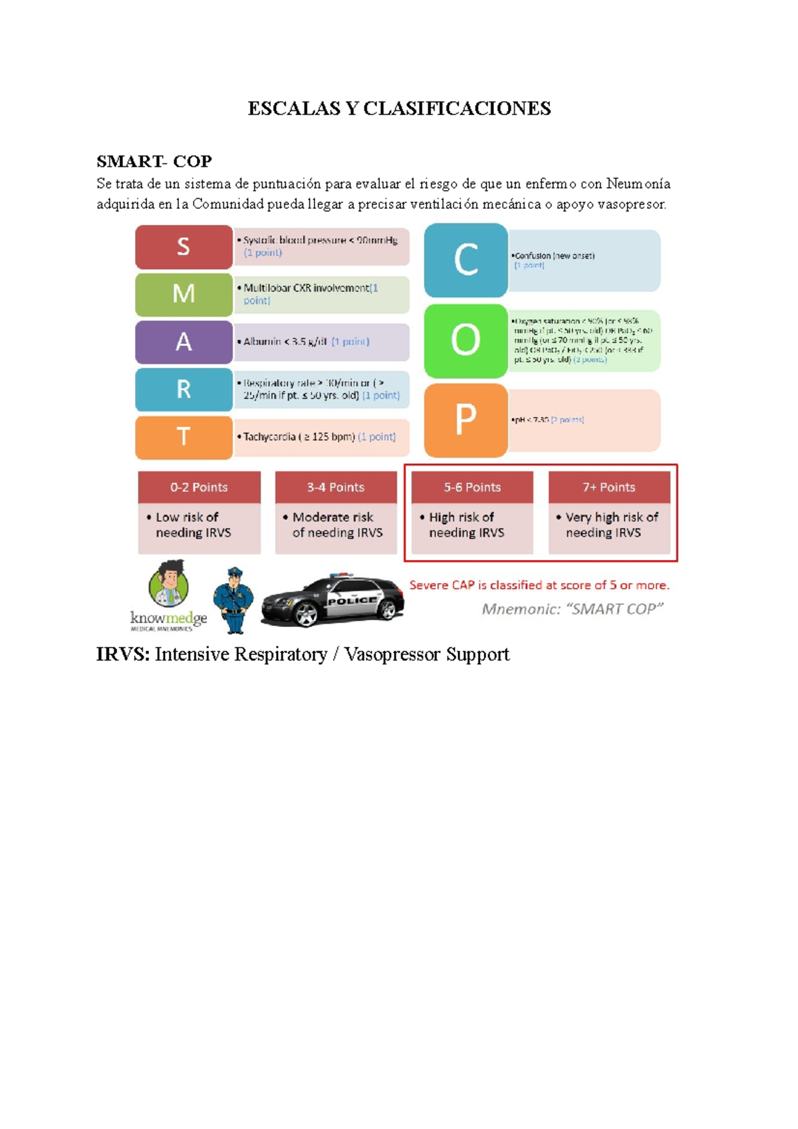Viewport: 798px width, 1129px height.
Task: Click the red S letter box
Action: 184,247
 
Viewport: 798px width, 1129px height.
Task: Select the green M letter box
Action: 184,294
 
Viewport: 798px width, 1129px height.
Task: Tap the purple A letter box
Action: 184,342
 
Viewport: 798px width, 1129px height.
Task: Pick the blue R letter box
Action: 184,390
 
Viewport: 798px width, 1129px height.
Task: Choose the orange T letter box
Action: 184,438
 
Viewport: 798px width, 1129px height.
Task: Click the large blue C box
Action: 465,260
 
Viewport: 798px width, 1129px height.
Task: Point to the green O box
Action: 465,340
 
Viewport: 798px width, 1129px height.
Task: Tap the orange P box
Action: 465,420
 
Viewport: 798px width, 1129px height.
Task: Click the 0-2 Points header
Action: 199,487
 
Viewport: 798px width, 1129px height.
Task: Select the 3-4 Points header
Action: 336,487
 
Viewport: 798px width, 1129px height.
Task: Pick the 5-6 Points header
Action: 472,487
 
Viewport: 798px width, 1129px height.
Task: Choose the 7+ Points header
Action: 608,487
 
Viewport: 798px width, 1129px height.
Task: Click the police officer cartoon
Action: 233,599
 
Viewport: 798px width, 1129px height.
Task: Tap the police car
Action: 332,600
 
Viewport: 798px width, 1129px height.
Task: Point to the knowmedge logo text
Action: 168,618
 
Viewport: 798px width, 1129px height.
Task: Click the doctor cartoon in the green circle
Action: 169,583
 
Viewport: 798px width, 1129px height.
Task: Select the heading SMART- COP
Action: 154,162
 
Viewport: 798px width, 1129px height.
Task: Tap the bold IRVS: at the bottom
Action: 123,655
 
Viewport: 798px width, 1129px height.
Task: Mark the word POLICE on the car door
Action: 352,600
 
